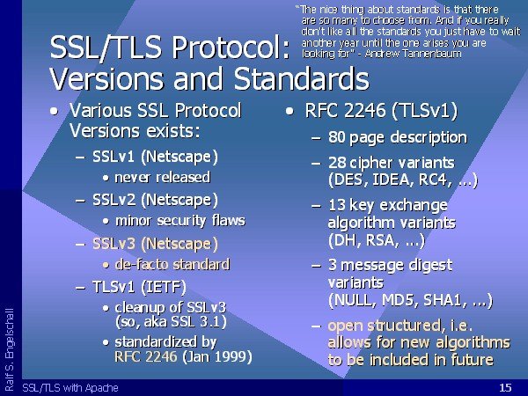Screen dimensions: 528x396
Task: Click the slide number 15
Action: pos(505,387)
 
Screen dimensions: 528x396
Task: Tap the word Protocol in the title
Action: pos(231,47)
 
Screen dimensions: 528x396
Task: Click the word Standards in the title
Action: pos(301,78)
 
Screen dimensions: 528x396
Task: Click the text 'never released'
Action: pos(163,178)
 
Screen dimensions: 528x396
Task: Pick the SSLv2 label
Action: pos(114,200)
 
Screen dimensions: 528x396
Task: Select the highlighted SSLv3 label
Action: pos(114,244)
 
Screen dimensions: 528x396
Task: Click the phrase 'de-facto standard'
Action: pos(172,264)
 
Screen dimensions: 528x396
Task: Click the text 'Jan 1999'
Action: pos(216,356)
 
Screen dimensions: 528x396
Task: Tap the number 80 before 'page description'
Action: pos(336,137)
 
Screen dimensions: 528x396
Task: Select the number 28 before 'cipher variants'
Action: pos(337,163)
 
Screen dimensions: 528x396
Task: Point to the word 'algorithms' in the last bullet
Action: pos(473,343)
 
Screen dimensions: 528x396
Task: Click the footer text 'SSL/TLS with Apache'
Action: pos(70,388)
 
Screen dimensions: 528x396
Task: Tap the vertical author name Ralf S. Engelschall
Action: pos(10,349)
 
